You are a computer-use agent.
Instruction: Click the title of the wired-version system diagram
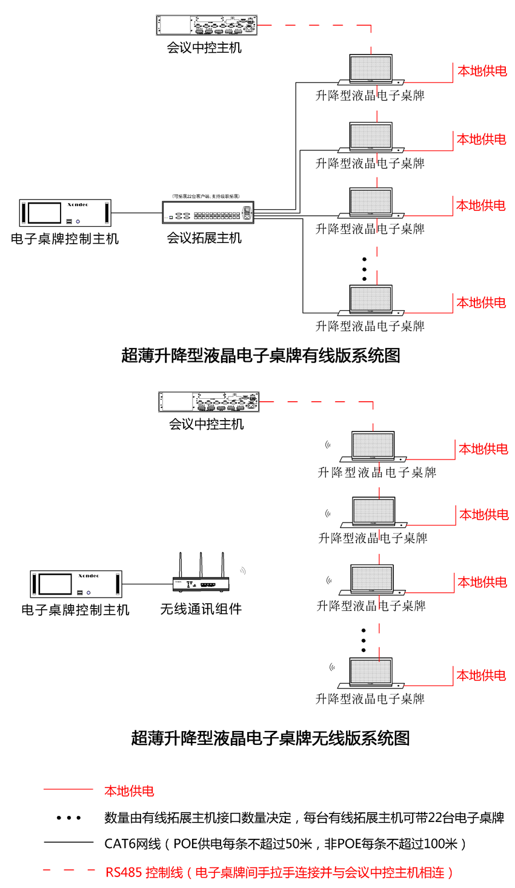point(261,355)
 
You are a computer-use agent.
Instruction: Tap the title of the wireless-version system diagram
point(270,738)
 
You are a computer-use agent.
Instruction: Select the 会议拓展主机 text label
point(204,238)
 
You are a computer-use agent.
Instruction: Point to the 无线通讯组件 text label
point(201,609)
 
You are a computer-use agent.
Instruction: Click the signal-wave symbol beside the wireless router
point(242,571)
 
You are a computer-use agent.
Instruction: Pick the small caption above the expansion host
point(206,196)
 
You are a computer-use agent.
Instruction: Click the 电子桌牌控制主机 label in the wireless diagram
point(75,610)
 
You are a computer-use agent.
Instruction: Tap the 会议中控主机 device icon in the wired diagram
point(207,25)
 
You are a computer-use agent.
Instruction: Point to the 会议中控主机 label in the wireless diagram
point(206,424)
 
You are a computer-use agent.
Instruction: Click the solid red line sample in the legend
point(68,789)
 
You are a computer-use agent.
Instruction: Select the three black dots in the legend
point(68,818)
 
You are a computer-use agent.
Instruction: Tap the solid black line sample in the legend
point(68,842)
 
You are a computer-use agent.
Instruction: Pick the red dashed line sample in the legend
point(68,871)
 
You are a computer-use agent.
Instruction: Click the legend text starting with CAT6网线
point(285,844)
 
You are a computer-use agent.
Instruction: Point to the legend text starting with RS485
point(279,873)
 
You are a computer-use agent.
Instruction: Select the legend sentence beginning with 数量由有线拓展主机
point(304,818)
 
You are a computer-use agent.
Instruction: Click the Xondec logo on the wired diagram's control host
point(78,205)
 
